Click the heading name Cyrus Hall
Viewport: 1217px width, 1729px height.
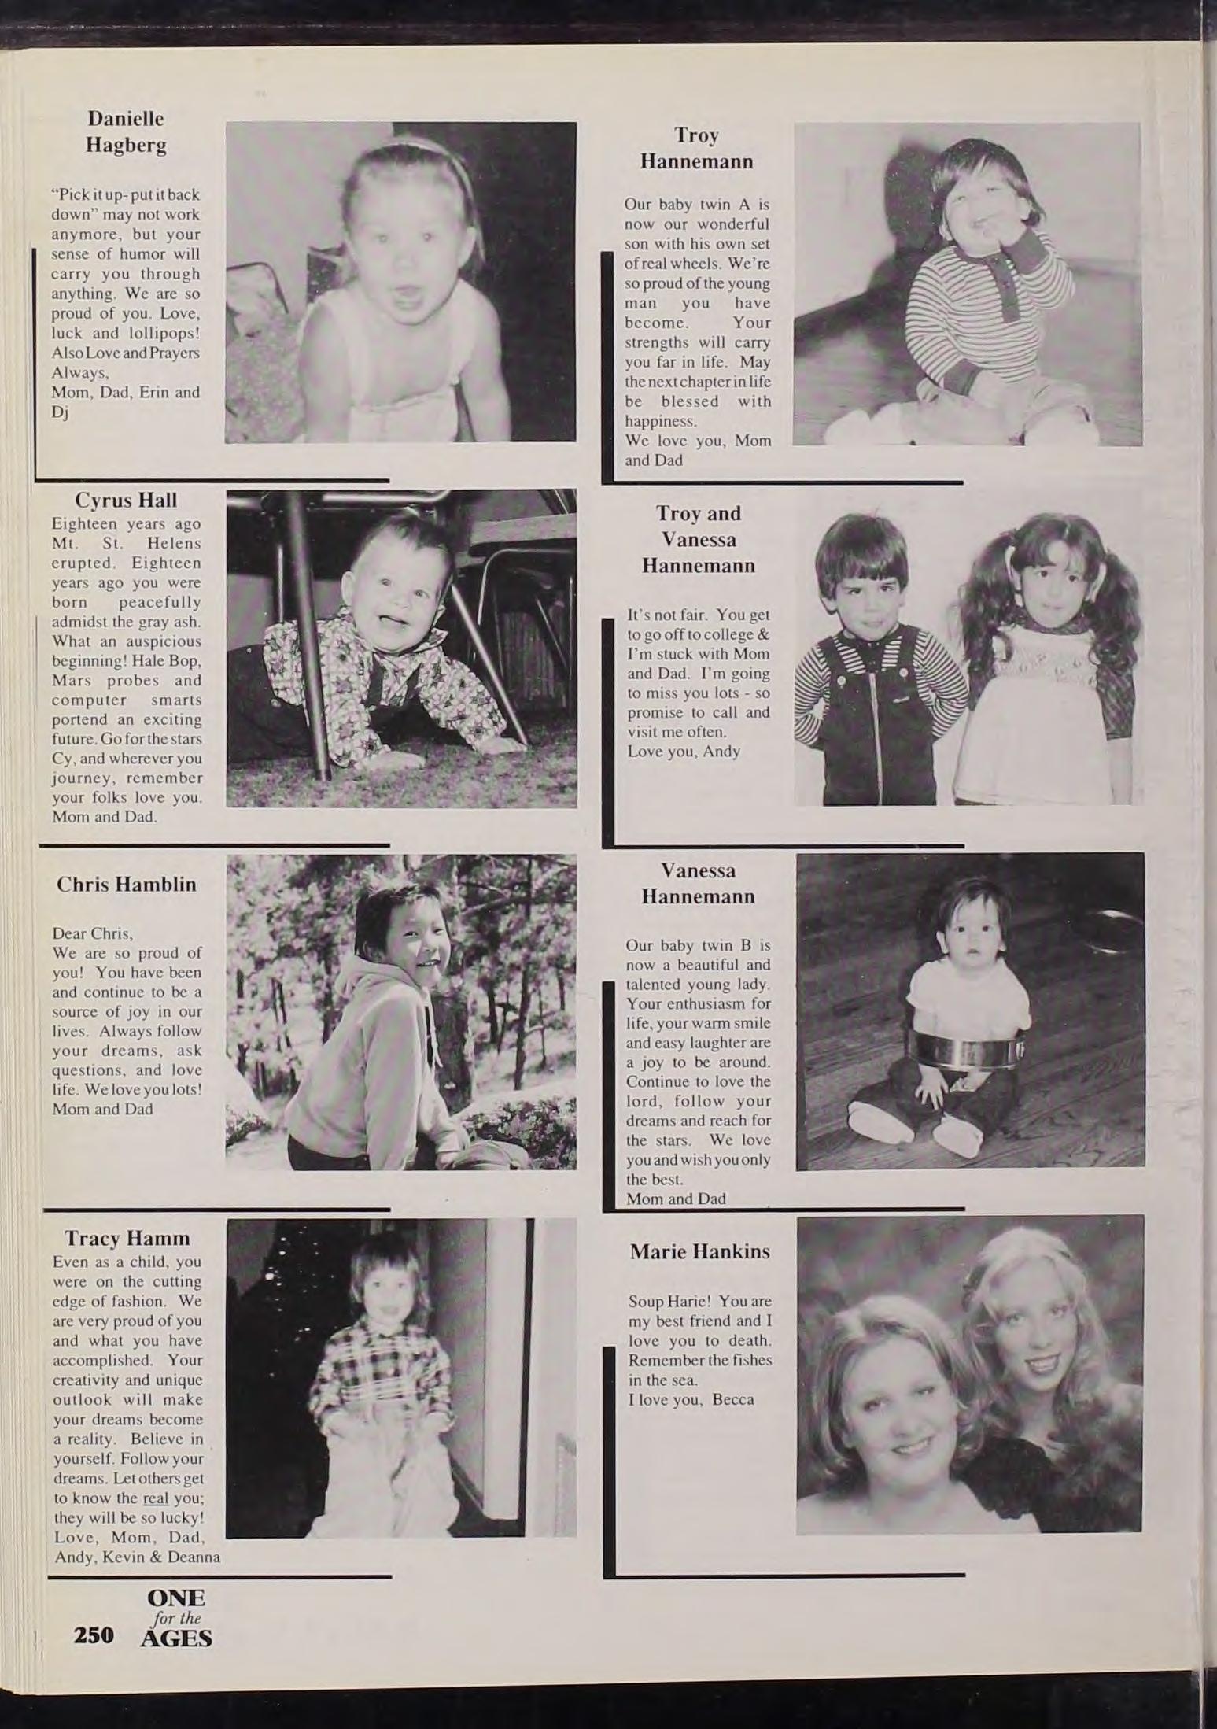coord(126,501)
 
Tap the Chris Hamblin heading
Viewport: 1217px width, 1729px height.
coord(126,884)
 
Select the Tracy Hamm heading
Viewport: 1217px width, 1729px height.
coord(127,1238)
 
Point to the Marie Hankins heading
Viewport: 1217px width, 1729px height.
coord(699,1251)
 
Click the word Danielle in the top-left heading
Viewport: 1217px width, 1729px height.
coord(126,119)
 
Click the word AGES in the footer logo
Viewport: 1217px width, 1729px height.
coord(176,1638)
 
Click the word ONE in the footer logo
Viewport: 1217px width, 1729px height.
coord(176,1598)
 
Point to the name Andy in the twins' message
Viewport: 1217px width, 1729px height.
coord(721,752)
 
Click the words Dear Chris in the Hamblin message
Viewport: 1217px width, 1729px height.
coord(92,933)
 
